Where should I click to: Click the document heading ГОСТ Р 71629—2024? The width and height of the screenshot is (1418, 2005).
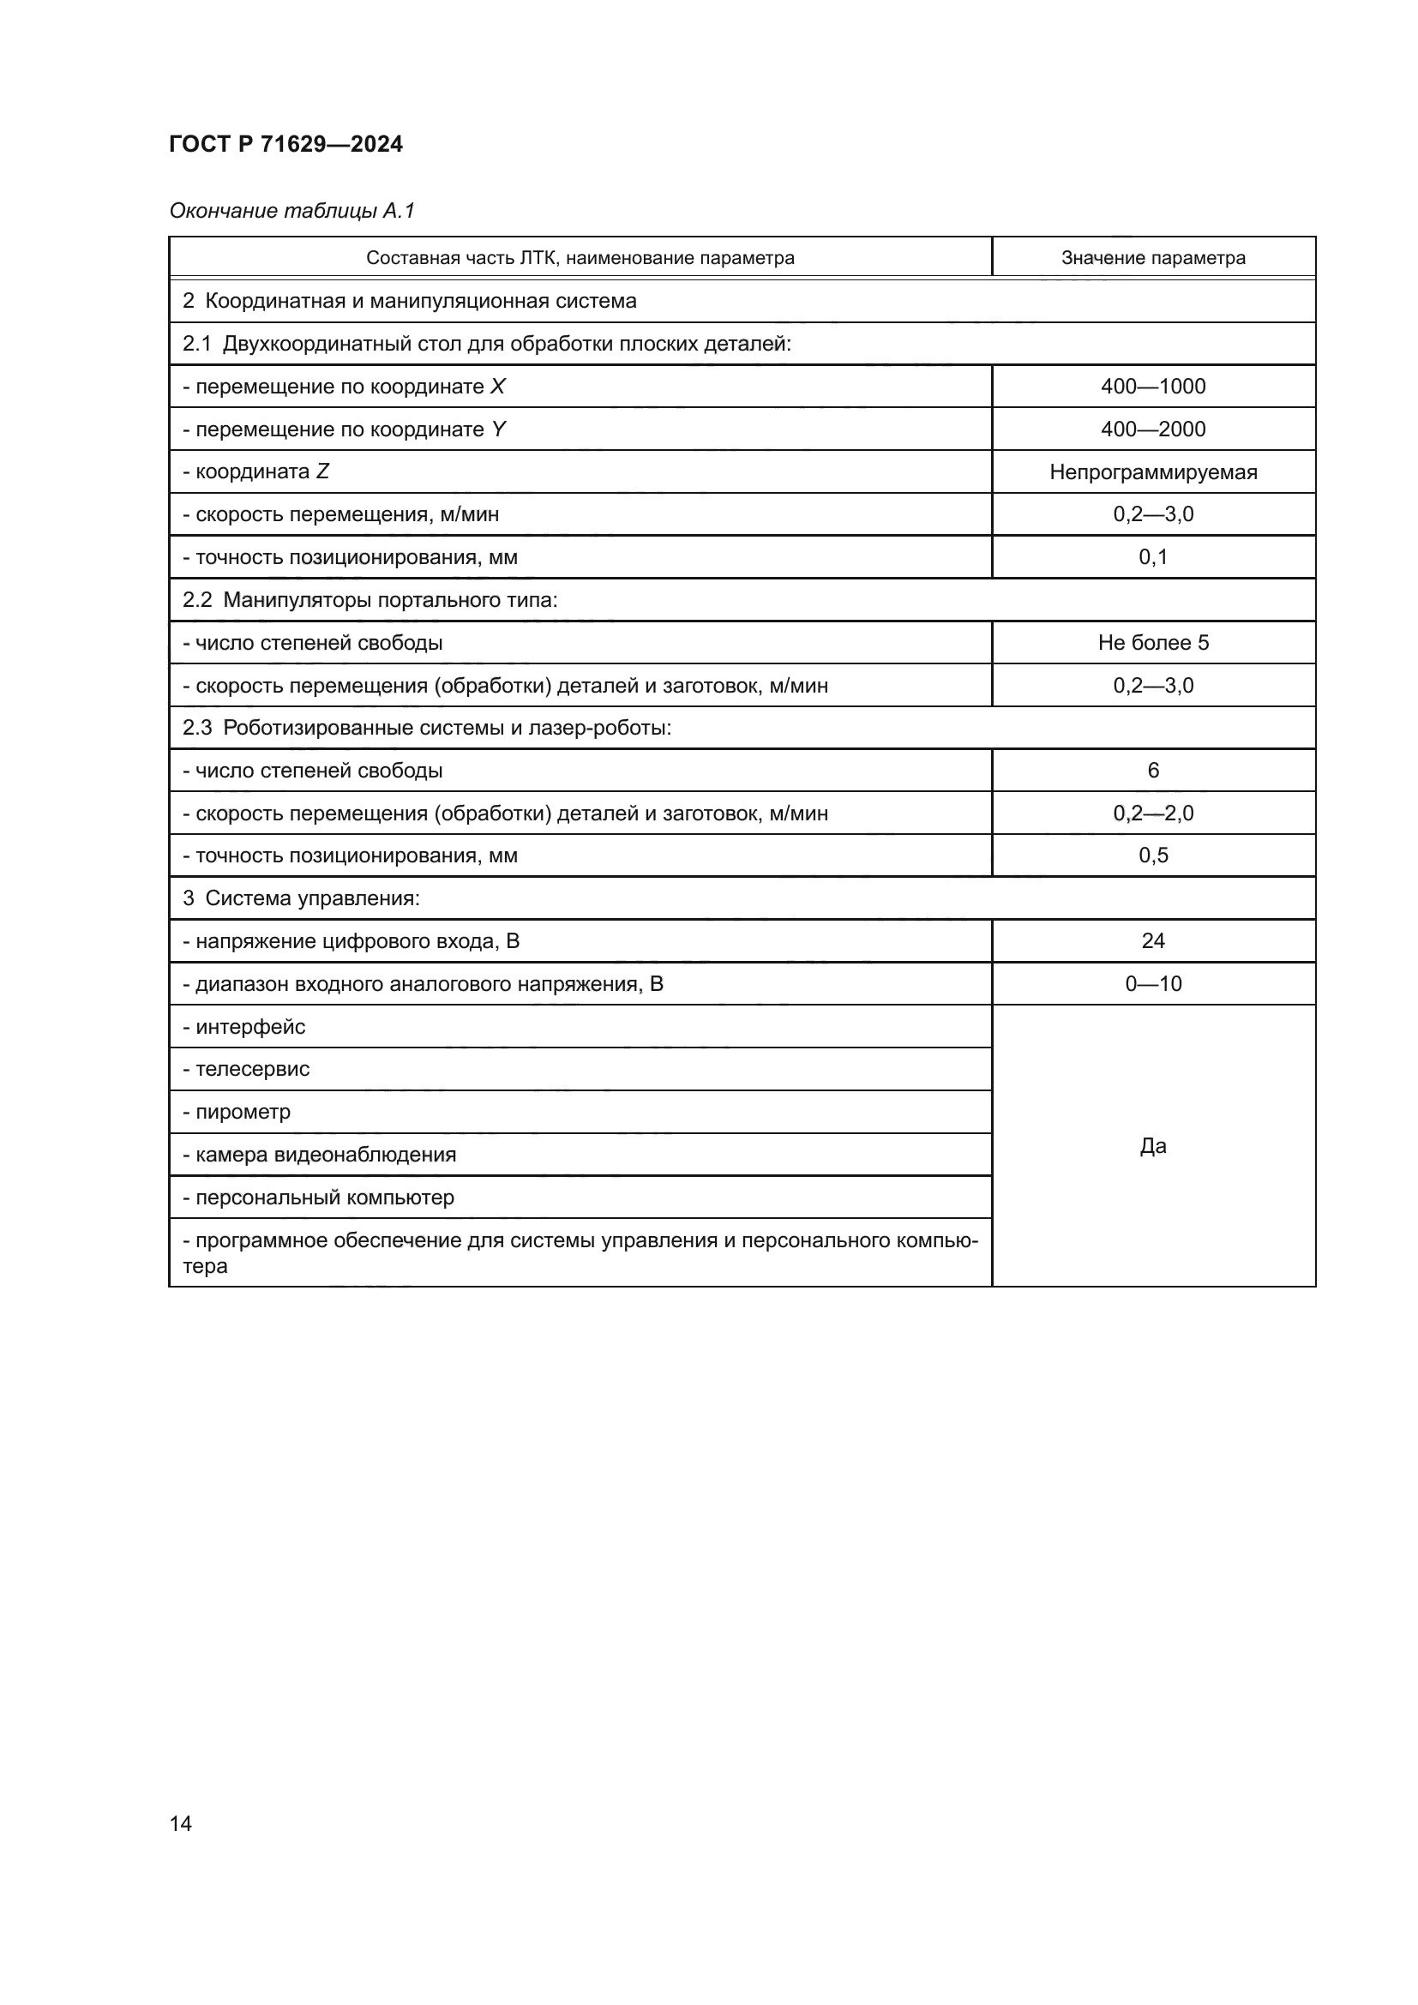point(285,144)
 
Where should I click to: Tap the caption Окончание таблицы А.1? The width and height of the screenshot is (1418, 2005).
point(291,211)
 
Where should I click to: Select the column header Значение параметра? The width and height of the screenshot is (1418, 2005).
point(1152,258)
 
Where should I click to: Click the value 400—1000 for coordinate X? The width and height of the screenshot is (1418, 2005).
point(1152,386)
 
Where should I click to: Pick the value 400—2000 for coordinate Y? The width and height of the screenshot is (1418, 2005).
point(1152,429)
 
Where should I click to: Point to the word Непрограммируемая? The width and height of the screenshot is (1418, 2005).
point(1152,471)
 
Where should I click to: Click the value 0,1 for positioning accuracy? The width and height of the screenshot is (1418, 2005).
point(1152,557)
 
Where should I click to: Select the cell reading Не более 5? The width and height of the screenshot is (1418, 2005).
point(1152,643)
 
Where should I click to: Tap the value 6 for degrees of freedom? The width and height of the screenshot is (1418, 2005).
point(1152,771)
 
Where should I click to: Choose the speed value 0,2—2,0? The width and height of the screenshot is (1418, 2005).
point(1152,813)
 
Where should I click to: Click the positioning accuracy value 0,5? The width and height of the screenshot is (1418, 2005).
point(1152,855)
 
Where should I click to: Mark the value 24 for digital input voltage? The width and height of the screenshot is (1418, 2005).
point(1152,940)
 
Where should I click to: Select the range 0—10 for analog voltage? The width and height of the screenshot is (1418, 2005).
point(1152,983)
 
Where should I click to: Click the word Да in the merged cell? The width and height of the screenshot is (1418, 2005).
point(1152,1146)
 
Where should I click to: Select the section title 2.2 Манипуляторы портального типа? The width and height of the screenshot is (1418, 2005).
point(370,600)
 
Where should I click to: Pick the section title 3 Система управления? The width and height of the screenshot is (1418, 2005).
point(301,897)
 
